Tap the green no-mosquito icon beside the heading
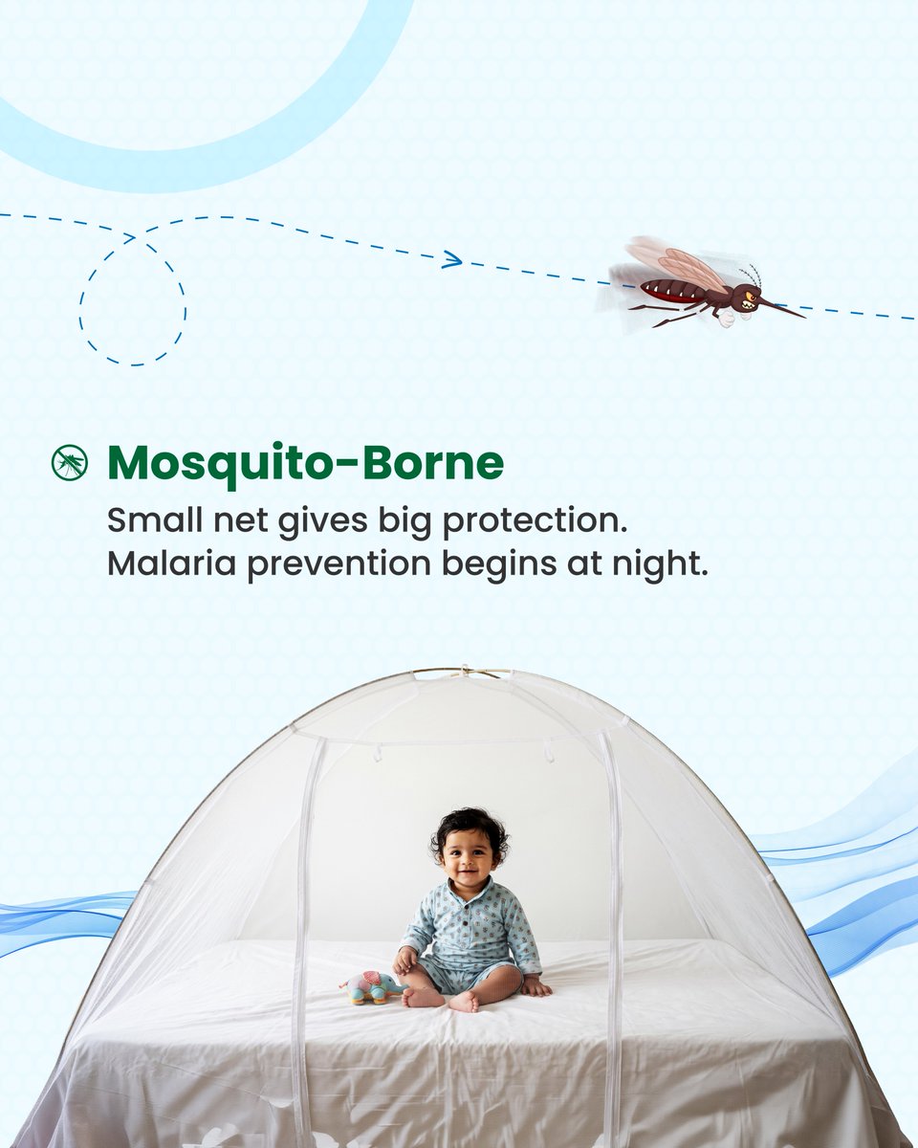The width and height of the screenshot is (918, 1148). pos(69,463)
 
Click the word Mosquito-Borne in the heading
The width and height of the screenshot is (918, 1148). pos(305,464)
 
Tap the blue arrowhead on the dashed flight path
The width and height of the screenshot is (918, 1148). pos(453,259)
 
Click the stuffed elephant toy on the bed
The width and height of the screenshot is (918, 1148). pos(371,987)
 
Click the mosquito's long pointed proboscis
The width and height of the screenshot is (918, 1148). pos(782,309)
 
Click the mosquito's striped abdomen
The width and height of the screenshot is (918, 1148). pos(669,290)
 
